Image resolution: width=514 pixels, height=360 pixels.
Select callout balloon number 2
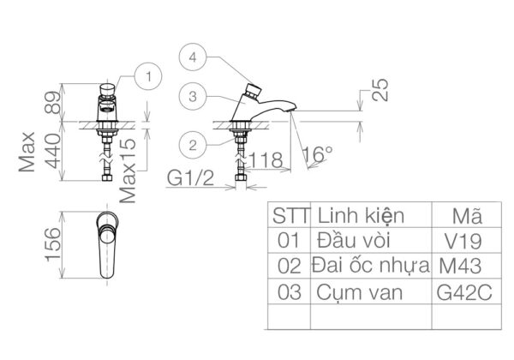(x=194, y=145)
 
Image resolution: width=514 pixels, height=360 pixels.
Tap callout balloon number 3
(x=194, y=97)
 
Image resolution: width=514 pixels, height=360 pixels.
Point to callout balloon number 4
(x=194, y=58)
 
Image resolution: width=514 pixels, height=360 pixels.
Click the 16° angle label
(x=317, y=155)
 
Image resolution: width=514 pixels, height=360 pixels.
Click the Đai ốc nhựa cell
(x=371, y=265)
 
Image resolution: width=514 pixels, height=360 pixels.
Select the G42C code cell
(x=464, y=291)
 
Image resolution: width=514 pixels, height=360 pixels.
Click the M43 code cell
(x=463, y=265)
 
